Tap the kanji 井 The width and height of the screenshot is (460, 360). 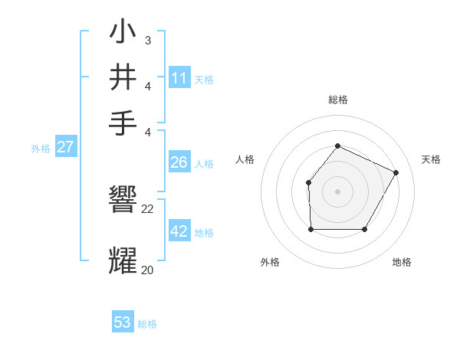[123, 77]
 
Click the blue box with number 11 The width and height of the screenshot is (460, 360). [179, 77]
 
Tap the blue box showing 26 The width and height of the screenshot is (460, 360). [179, 162]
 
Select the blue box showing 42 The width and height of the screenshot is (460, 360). [179, 231]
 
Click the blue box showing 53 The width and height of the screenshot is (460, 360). [123, 322]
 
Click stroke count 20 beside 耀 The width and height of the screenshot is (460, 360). [148, 270]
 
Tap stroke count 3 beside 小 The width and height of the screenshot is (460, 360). [148, 40]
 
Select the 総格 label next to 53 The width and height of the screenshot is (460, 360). [147, 324]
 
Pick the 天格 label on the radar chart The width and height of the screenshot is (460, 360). [432, 159]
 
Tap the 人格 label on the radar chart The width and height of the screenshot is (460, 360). [245, 159]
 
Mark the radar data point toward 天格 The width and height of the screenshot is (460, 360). [396, 172]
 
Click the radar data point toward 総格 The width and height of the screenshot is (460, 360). [337, 146]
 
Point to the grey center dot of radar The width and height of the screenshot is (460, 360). [337, 191]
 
